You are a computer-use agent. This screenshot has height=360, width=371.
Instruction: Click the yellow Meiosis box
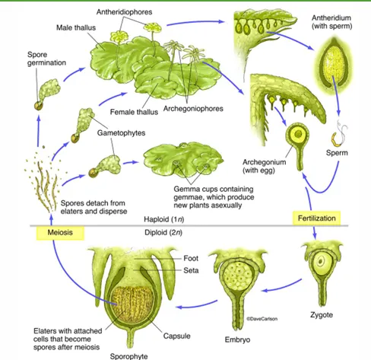pos(60,233)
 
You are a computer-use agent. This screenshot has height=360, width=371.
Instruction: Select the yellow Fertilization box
pos(316,218)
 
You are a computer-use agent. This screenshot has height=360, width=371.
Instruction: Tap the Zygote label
pos(322,315)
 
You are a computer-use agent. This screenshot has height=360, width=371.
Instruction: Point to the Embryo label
pos(237,340)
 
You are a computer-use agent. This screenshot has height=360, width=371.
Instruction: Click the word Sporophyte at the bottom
pos(128,356)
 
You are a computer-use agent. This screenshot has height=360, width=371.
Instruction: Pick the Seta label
pos(191,270)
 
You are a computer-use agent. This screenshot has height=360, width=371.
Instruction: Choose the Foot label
pos(191,258)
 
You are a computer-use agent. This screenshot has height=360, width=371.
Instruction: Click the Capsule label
pos(177,336)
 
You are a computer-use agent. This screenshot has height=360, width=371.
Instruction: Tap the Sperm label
pos(337,153)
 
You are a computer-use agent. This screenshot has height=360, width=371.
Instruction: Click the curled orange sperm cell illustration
pos(336,139)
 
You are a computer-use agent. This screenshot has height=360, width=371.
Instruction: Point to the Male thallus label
pos(76,27)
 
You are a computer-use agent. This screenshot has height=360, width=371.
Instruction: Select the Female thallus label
pos(134,112)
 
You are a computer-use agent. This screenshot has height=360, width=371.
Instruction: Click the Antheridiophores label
pos(124,12)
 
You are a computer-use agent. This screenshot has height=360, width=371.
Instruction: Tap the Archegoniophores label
pos(193,109)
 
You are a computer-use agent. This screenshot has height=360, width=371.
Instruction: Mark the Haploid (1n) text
pos(164,219)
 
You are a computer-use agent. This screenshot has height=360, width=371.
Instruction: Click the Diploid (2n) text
pos(163,232)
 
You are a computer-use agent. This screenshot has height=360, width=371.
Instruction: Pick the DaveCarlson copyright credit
pos(262,319)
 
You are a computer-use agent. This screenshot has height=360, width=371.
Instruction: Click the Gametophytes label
pos(121,133)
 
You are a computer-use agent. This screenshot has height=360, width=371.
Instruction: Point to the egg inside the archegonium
pos(298,133)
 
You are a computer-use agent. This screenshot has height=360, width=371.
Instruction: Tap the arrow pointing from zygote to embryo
pos(281,286)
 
